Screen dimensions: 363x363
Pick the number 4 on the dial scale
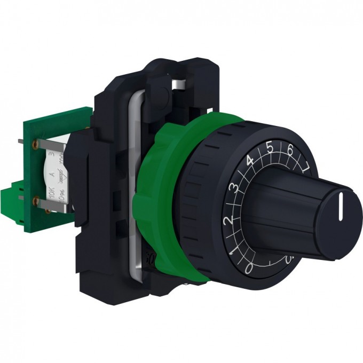[x=249, y=160]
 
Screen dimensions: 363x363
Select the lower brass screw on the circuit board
[x=36, y=202]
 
